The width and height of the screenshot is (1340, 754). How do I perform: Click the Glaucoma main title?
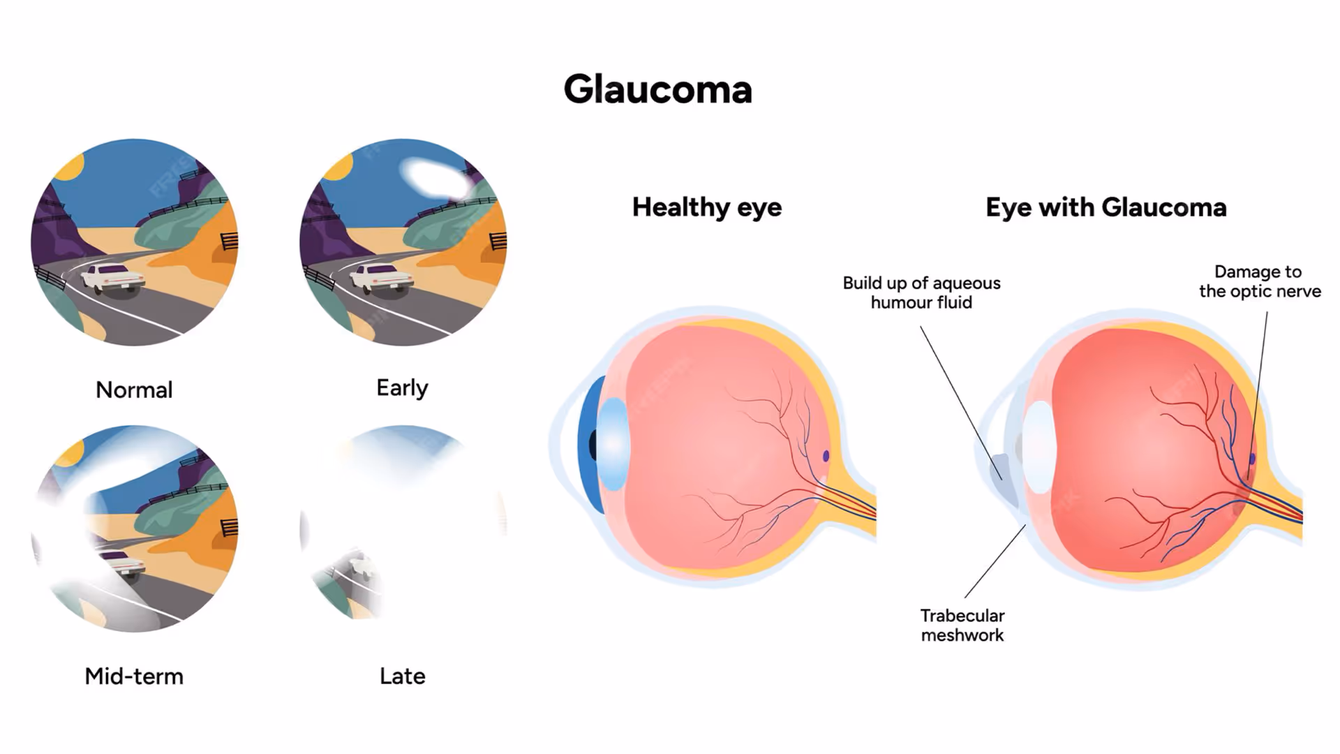point(657,90)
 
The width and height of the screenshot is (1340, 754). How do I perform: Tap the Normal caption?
point(134,390)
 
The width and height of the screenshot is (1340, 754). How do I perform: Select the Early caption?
point(402,387)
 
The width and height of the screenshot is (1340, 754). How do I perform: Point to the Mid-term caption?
point(134,676)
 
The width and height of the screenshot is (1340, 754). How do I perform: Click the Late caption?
point(402,676)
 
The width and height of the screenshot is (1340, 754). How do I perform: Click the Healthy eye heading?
point(706,207)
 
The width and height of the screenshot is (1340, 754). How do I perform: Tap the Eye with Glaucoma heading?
point(1105,207)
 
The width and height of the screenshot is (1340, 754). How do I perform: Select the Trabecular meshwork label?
point(962,625)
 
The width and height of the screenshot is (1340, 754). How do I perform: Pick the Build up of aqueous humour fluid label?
point(921,293)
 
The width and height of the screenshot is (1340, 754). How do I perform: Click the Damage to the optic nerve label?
point(1260,281)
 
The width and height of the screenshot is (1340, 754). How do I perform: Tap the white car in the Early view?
point(380,278)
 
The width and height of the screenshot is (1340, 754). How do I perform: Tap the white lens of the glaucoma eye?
point(1039,447)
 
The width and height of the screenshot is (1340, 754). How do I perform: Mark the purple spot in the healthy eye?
point(826,456)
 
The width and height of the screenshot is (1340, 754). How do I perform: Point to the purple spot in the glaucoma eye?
point(1251,459)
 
